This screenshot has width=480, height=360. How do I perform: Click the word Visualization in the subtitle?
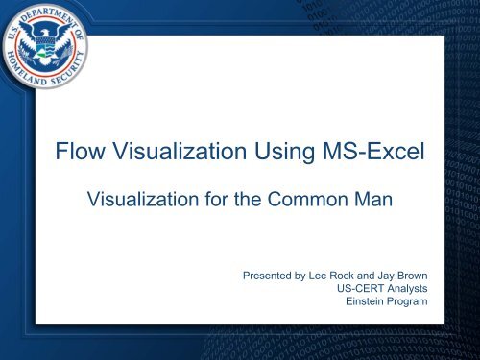click(147, 202)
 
